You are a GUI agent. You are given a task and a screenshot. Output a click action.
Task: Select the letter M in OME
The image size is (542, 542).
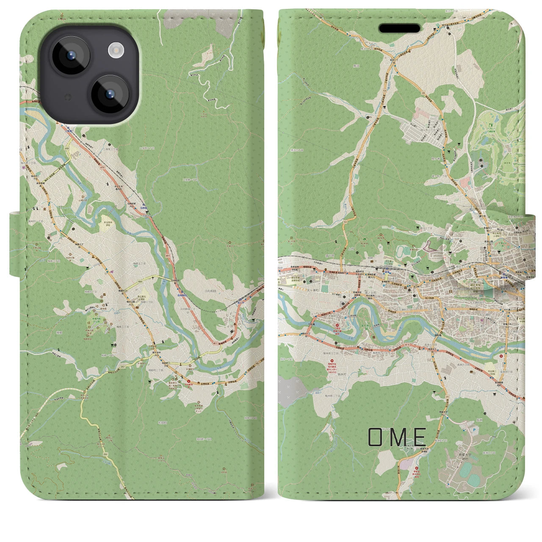pos(397,437)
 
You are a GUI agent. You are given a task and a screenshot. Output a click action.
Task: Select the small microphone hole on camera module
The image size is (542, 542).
pos(66,97)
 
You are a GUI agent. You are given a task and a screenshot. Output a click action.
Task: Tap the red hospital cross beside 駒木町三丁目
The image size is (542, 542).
pos(337,326)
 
